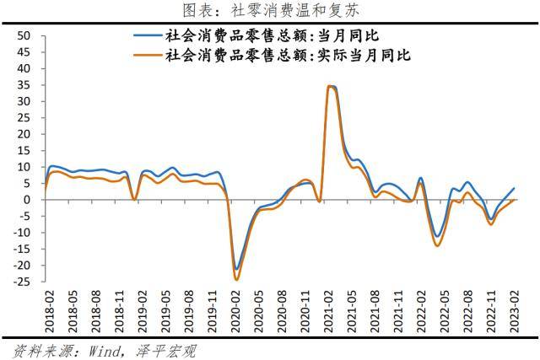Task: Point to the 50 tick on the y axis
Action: (24, 36)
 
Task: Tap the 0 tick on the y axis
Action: (27, 200)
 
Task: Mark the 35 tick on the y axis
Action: (24, 85)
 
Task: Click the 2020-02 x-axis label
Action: (237, 313)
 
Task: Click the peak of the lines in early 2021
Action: (331, 86)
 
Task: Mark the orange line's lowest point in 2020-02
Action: (237, 279)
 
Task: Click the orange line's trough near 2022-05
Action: (437, 245)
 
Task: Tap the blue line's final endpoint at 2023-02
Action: (514, 189)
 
